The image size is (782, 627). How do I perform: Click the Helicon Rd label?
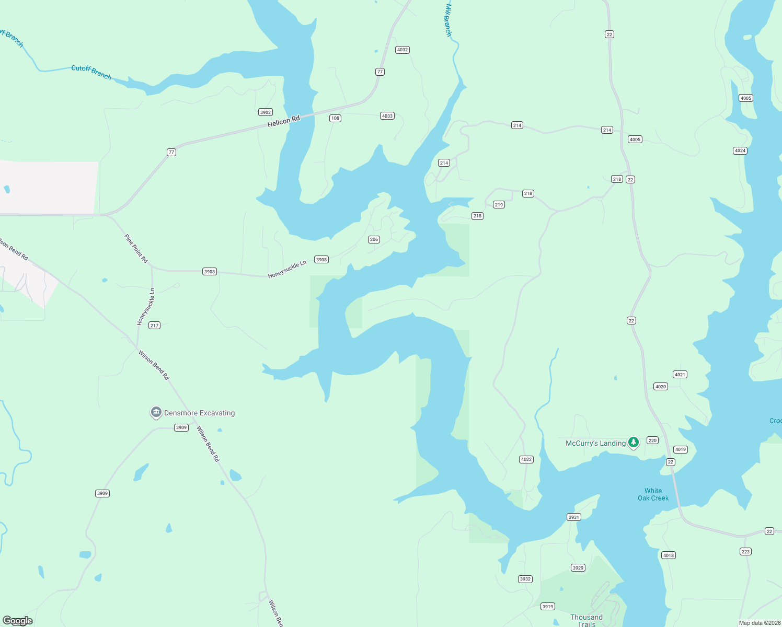pyautogui.click(x=283, y=121)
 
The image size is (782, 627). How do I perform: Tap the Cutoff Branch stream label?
pyautogui.click(x=91, y=72)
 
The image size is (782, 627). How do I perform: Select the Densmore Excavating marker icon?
pyautogui.click(x=156, y=413)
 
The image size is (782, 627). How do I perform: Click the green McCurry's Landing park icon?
pyautogui.click(x=634, y=443)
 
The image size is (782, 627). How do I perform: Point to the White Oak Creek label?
pyautogui.click(x=653, y=494)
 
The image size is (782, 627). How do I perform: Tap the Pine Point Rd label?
pyautogui.click(x=136, y=248)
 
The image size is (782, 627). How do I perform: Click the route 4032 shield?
pyautogui.click(x=402, y=50)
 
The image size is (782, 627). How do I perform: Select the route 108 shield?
pyautogui.click(x=335, y=118)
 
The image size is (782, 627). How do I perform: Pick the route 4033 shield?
pyautogui.click(x=387, y=116)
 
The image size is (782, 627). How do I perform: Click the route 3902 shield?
pyautogui.click(x=266, y=112)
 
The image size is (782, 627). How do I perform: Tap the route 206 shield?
pyautogui.click(x=374, y=239)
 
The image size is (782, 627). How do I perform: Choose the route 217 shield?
pyautogui.click(x=154, y=326)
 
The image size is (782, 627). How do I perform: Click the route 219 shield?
pyautogui.click(x=499, y=205)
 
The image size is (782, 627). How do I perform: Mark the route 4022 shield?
pyautogui.click(x=526, y=460)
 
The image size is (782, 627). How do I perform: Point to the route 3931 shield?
pyautogui.click(x=573, y=517)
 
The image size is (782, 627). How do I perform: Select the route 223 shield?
pyautogui.click(x=745, y=552)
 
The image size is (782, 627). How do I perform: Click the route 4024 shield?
pyautogui.click(x=740, y=151)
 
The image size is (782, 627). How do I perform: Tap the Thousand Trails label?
pyautogui.click(x=586, y=620)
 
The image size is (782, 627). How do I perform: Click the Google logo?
pyautogui.click(x=18, y=621)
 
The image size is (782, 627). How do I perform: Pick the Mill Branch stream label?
pyautogui.click(x=448, y=20)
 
